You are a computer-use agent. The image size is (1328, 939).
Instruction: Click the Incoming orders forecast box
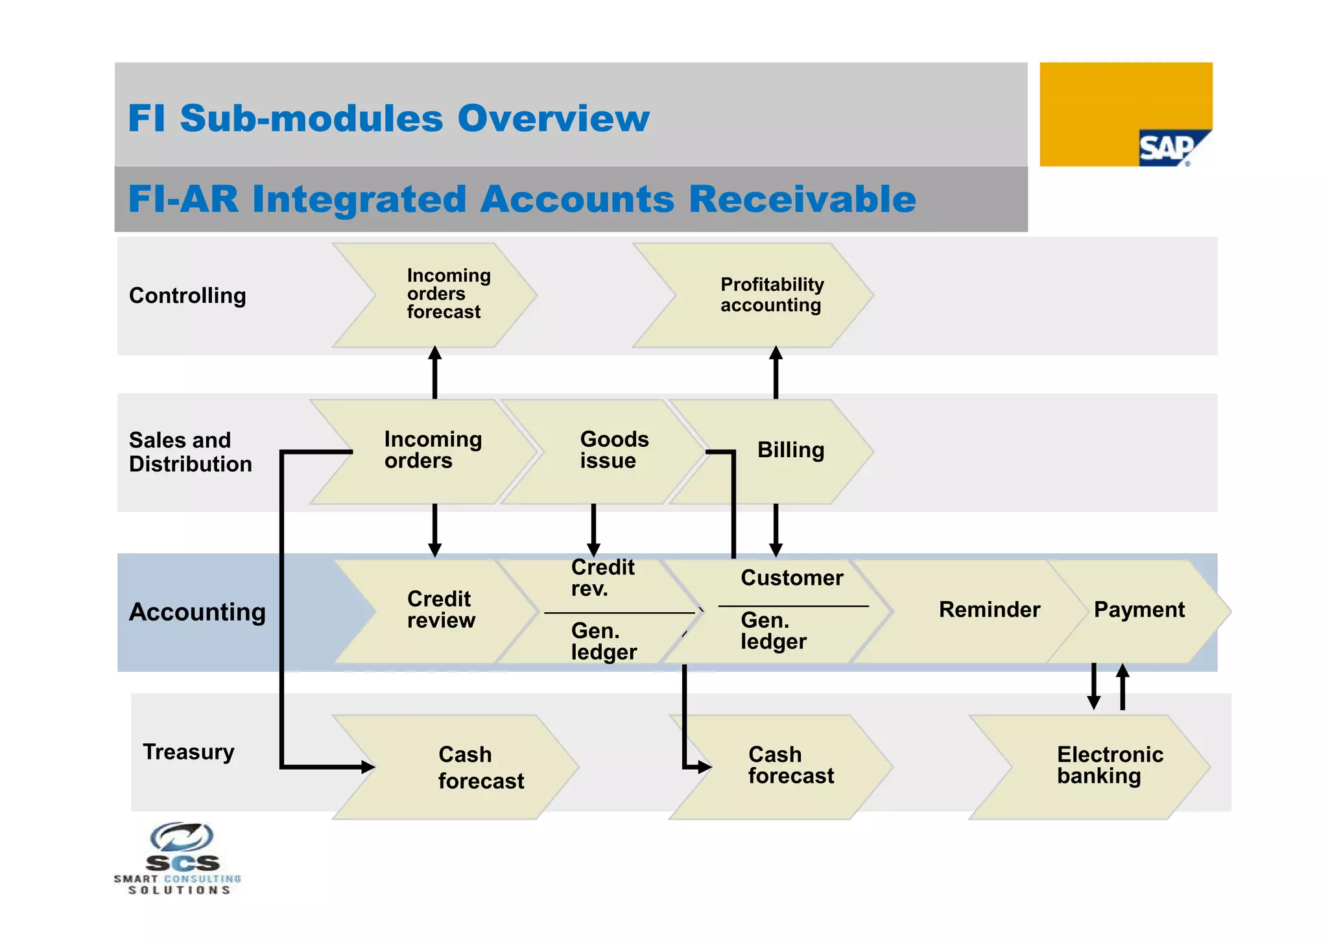[447, 294]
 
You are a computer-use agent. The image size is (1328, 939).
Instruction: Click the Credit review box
[440, 610]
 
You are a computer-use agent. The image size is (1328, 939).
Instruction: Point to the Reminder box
[989, 610]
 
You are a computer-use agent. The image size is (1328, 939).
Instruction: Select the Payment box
[1139, 610]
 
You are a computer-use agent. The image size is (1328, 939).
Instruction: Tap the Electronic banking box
[1109, 765]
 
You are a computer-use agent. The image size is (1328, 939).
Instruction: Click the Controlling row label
[187, 296]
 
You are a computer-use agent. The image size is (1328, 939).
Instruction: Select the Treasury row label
[189, 752]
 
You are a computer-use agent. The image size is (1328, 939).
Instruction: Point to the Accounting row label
[197, 612]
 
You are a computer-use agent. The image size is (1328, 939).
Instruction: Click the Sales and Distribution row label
[189, 452]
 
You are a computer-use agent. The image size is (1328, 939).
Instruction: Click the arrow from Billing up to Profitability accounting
[776, 372]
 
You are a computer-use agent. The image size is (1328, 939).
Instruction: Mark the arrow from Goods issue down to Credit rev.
[593, 529]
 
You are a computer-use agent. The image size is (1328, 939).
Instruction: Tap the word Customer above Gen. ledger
[792, 578]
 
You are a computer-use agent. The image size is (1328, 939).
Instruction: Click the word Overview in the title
[553, 119]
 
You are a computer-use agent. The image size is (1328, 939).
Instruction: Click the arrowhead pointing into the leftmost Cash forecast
[367, 767]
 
